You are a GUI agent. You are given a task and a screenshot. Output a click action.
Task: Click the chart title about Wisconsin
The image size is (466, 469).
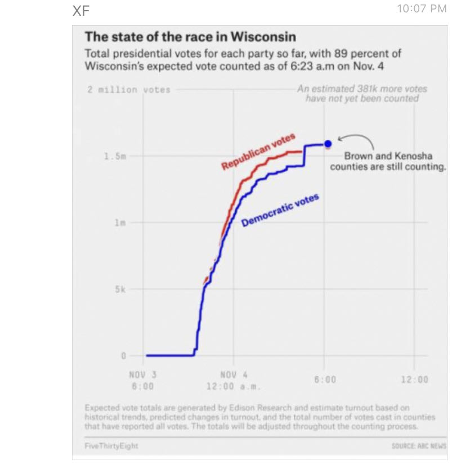tap(190, 38)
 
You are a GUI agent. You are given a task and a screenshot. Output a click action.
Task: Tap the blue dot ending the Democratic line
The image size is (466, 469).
tap(328, 144)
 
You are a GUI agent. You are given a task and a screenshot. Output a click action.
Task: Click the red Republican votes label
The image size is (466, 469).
tap(258, 152)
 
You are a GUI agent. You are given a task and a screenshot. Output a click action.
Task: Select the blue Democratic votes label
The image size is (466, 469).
tap(280, 210)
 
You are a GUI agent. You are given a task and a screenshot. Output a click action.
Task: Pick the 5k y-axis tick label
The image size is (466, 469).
tap(120, 289)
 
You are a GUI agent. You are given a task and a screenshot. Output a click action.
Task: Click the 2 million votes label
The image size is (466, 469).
tap(129, 89)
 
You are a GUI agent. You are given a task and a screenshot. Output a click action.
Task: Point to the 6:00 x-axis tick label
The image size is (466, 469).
tap(325, 380)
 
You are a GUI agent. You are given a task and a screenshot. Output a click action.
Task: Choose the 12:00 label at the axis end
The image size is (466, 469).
tap(414, 380)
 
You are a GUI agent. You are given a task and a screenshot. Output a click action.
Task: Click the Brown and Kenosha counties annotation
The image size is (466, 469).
tap(388, 162)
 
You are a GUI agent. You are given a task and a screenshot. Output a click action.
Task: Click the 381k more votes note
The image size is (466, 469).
tap(362, 93)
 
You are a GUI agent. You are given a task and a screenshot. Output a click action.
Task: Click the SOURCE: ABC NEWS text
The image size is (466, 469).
tap(419, 445)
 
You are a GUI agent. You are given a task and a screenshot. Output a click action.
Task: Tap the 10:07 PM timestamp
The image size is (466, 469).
tap(422, 8)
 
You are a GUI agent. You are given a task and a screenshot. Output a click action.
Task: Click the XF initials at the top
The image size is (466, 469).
tap(81, 11)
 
